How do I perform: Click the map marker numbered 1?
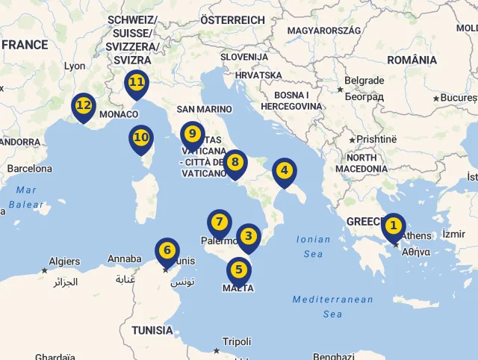pyautogui.click(x=393, y=226)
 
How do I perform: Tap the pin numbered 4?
pyautogui.click(x=284, y=171)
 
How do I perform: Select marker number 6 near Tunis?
pyautogui.click(x=167, y=250)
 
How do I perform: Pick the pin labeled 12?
pyautogui.click(x=83, y=106)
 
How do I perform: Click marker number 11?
pyautogui.click(x=136, y=82)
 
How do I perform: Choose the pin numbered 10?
pyautogui.click(x=141, y=137)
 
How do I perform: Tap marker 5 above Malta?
pyautogui.click(x=238, y=270)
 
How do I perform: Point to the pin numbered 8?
pyautogui.click(x=235, y=162)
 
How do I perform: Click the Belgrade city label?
pyautogui.click(x=364, y=81)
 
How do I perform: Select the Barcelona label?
pyautogui.click(x=30, y=169)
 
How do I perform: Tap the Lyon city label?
pyautogui.click(x=75, y=66)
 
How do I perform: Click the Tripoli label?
pyautogui.click(x=237, y=341)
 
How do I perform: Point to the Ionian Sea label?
pyautogui.click(x=314, y=246)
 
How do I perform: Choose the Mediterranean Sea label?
pyautogui.click(x=332, y=306)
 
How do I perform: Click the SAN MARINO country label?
pyautogui.click(x=204, y=109)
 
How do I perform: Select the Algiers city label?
pyautogui.click(x=64, y=261)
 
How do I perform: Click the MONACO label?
pyautogui.click(x=119, y=114)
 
